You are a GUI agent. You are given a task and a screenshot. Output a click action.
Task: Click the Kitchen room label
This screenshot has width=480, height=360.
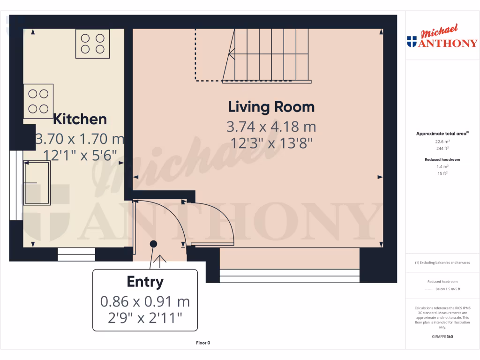80,119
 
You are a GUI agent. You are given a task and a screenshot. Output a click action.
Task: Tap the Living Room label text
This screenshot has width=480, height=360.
271,107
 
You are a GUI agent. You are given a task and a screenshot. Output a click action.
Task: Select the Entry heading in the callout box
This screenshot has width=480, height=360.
145,282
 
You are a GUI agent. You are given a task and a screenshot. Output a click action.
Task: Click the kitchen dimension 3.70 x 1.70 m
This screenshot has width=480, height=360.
80,139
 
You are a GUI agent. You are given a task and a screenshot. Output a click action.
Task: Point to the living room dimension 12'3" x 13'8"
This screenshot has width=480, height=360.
272,143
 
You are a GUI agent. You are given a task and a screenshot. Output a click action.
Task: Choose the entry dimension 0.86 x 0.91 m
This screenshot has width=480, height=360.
145,301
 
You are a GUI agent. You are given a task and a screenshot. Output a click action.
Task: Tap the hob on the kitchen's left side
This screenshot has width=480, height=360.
38,101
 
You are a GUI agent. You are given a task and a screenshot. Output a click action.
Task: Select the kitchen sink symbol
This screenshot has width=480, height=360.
37,183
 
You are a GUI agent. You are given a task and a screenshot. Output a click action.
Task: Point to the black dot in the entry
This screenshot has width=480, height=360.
153,244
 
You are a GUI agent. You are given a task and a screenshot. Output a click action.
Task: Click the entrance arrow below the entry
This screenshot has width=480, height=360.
160,261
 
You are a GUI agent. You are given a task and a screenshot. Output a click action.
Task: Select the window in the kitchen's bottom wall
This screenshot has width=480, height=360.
76,254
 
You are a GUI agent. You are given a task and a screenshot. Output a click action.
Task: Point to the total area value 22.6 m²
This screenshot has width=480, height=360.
442,141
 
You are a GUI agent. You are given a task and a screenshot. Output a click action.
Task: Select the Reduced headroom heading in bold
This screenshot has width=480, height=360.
442,159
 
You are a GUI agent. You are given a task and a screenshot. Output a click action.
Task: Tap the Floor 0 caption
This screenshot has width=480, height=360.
203,343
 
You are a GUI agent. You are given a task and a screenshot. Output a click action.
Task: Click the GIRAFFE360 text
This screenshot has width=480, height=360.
442,337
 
